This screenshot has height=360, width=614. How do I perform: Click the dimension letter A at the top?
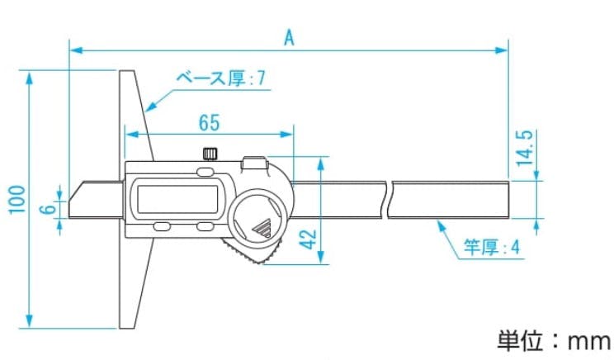click(x=289, y=37)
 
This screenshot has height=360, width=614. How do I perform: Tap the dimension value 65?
click(x=210, y=123)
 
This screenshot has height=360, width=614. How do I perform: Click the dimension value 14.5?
click(x=525, y=149)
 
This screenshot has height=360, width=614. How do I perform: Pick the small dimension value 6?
click(x=48, y=209)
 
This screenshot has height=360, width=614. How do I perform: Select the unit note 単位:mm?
click(x=553, y=339)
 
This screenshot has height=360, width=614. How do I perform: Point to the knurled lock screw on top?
click(x=210, y=154)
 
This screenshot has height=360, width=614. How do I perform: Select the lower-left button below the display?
click(x=162, y=226)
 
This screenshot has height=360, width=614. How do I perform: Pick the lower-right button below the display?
click(x=205, y=226)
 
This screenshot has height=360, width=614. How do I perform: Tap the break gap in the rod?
click(x=389, y=201)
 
